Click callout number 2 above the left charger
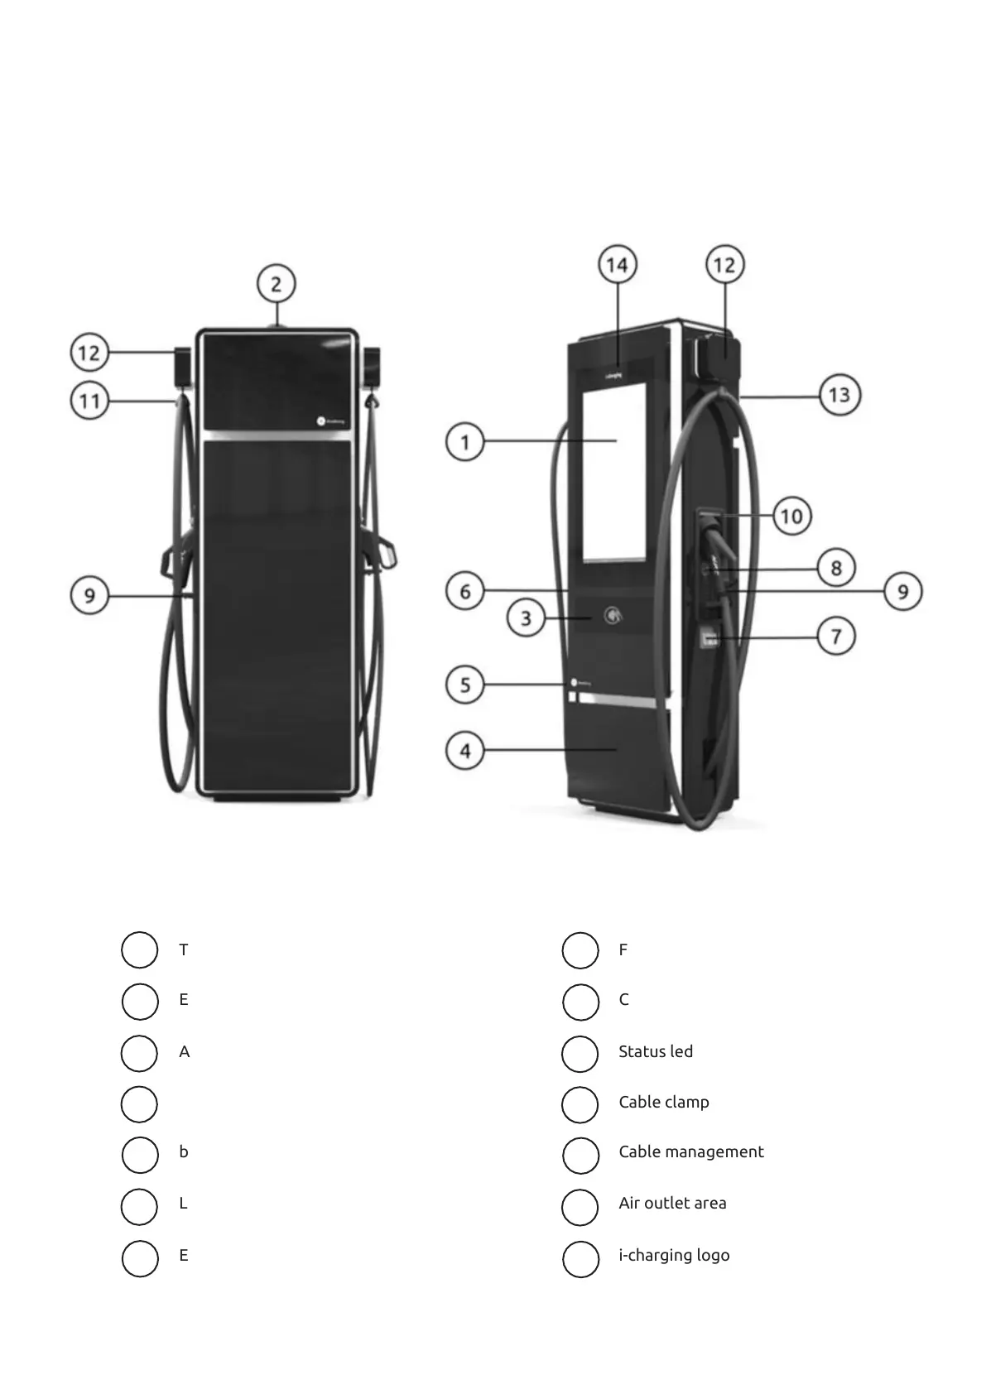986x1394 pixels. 276,284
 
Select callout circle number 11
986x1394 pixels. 89,402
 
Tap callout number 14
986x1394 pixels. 617,265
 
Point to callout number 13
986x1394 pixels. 839,395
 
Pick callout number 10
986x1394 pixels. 792,517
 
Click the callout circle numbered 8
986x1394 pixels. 836,568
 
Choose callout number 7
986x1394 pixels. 836,637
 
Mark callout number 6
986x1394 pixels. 465,591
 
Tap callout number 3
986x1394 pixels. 526,618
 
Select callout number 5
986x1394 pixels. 465,685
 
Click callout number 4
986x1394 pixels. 465,751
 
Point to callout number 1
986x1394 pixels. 465,442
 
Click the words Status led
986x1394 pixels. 655,1051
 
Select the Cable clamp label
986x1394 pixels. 663,1102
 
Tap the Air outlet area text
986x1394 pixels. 671,1203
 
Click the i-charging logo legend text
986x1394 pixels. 673,1255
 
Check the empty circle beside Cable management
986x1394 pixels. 580,1156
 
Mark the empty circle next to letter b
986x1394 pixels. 139,1156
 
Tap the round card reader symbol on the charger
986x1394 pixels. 613,615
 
